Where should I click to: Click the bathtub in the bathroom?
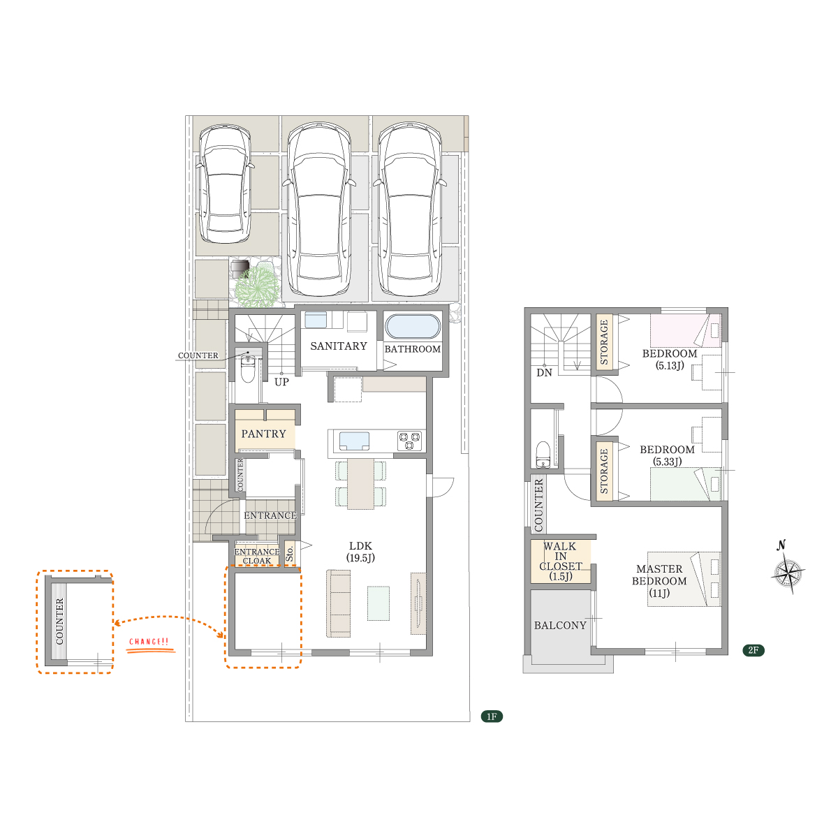412,326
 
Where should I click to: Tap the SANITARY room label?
338,346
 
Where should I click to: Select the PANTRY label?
263,434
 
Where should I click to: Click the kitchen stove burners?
409,441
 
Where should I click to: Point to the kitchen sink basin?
355,441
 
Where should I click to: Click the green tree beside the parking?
258,286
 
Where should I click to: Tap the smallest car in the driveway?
224,184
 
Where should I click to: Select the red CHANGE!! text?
149,642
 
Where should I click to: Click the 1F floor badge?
492,716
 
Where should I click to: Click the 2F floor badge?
754,650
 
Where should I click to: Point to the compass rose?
788,573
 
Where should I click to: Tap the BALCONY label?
560,625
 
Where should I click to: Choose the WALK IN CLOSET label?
561,561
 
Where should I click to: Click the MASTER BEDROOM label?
659,581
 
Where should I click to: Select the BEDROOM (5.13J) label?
670,360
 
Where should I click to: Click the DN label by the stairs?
544,373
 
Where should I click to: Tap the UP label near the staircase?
282,382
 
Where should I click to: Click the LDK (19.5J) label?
360,552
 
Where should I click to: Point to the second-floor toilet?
543,454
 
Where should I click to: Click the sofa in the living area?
338,603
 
